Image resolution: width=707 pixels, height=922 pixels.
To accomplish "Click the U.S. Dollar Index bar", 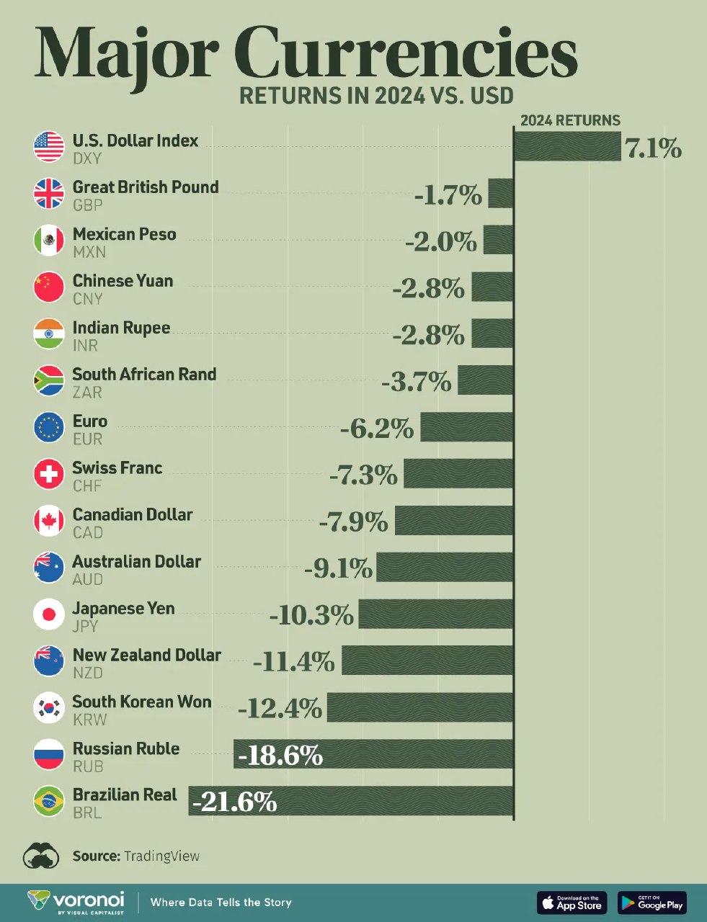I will (567, 146).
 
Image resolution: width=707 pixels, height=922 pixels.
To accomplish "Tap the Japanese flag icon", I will (49, 614).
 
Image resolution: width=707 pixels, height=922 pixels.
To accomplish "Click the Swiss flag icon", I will (49, 474).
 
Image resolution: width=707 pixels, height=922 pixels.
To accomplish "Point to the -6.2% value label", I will (377, 429).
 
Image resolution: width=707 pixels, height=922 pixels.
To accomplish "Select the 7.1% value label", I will (653, 148).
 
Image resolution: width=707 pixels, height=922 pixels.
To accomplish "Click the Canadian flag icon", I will (49, 521).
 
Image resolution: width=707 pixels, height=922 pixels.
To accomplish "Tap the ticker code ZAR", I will (87, 393).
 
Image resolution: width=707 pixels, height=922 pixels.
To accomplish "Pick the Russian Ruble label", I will (126, 748).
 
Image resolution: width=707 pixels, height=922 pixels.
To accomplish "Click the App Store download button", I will (572, 902).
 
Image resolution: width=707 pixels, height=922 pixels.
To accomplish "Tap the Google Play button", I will (652, 902).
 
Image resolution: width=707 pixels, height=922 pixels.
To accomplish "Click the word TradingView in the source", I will (161, 856).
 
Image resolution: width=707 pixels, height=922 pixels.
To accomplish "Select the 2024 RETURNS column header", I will (570, 120).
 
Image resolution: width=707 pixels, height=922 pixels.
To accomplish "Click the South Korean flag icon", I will (49, 707).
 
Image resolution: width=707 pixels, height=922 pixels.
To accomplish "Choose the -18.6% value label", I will (280, 756).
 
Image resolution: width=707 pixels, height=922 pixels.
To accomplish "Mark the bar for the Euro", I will (467, 427).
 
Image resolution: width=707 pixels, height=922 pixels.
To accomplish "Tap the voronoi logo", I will (76, 901).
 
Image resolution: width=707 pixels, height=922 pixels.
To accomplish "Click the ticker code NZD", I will (88, 673).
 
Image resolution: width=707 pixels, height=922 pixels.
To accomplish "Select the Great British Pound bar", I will (501, 193).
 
